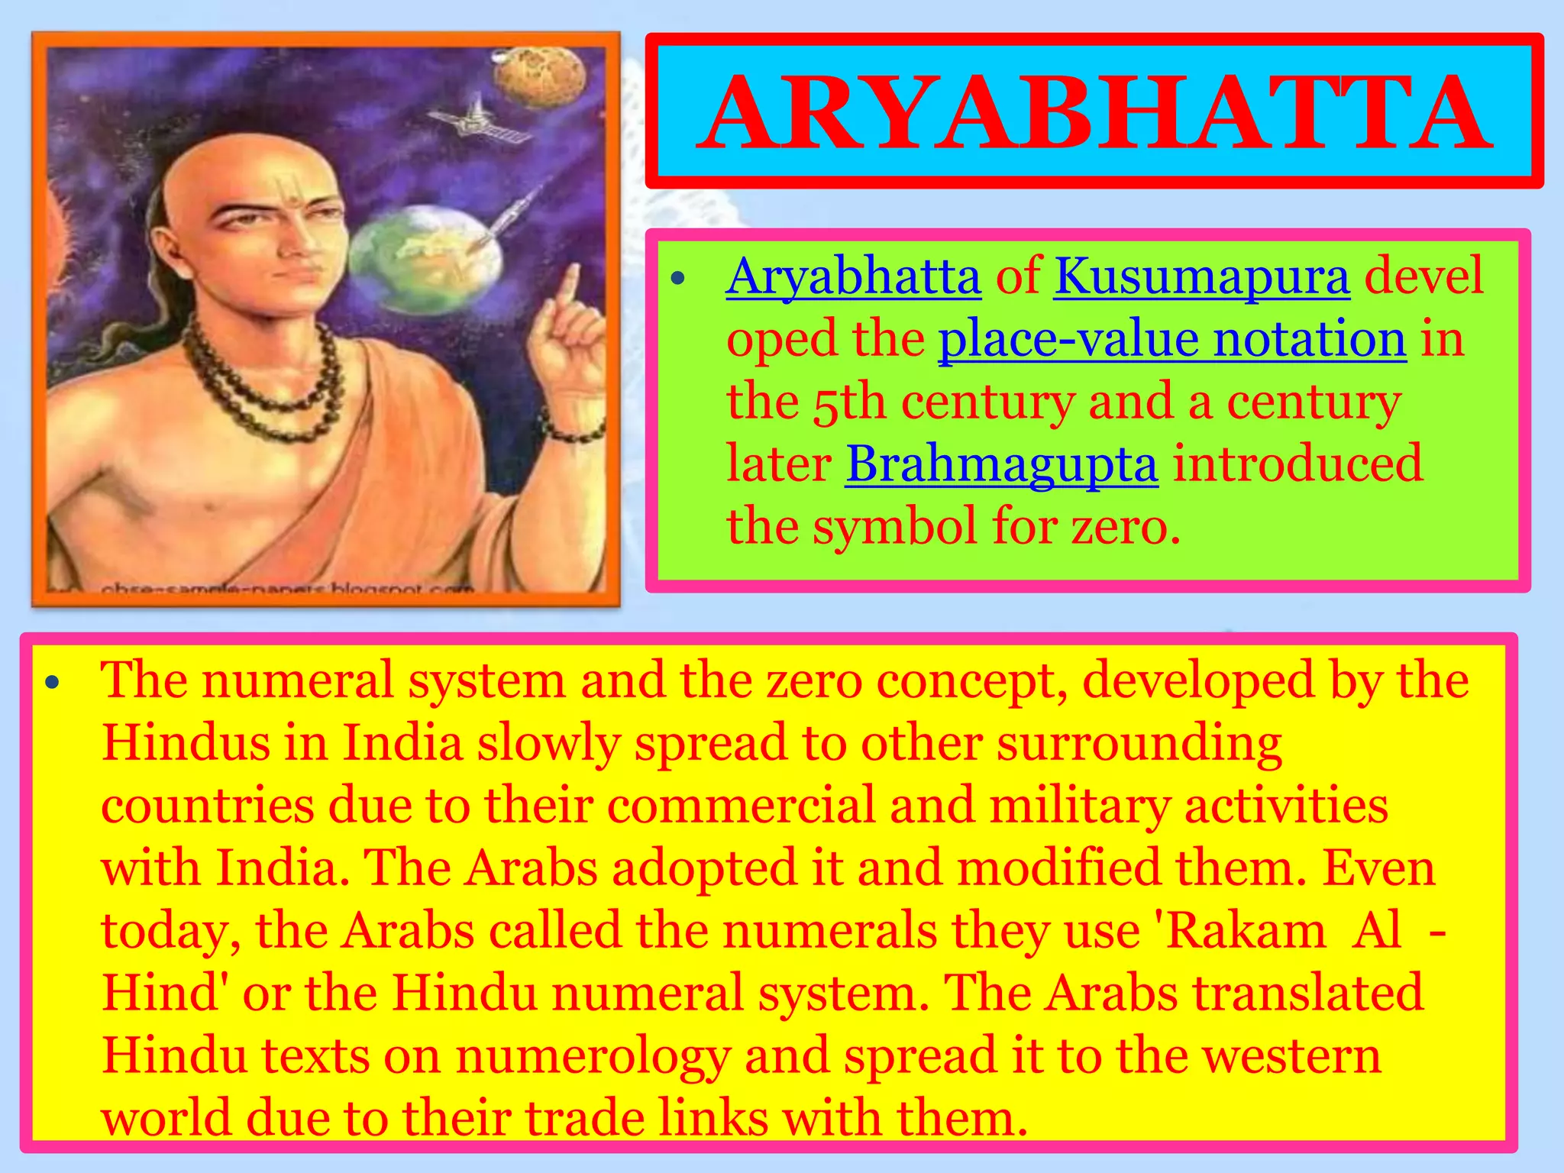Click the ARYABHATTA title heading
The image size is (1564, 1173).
coord(1094,113)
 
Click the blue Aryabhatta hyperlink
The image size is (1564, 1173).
coord(853,276)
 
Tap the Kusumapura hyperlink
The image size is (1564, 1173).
coord(1202,276)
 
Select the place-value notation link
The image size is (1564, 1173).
coord(1171,339)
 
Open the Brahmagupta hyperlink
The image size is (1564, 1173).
coord(1001,464)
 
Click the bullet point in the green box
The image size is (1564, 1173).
coord(677,280)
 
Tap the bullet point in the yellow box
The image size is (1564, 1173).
coord(51,683)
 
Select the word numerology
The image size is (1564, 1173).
coord(593,1056)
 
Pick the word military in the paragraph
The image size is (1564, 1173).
coord(1080,806)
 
